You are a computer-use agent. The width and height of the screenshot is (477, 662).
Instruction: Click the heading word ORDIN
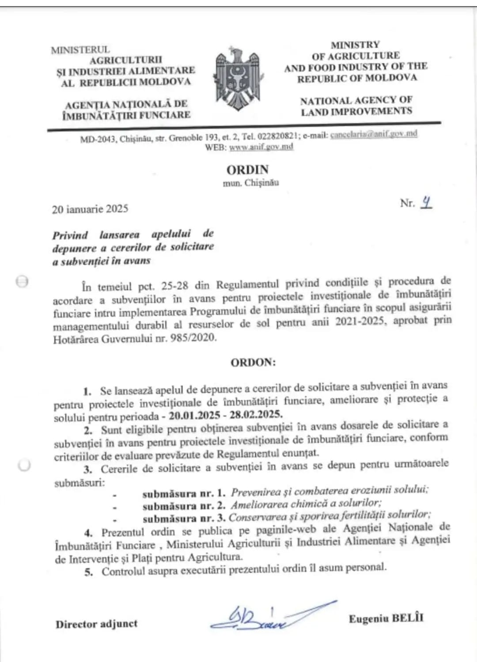[x=247, y=170]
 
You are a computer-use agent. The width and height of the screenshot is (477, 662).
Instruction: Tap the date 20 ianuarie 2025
[x=90, y=209]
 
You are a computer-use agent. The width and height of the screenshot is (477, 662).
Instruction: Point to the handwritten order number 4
[x=426, y=202]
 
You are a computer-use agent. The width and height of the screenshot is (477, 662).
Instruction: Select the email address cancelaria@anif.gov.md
[x=374, y=134]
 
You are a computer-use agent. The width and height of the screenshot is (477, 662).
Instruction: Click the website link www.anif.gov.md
[x=261, y=147]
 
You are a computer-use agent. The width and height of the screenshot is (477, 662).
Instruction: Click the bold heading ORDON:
[x=253, y=362]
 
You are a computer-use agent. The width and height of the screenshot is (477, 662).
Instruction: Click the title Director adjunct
[x=96, y=624]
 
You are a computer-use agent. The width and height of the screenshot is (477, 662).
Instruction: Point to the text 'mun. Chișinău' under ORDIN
[x=250, y=183]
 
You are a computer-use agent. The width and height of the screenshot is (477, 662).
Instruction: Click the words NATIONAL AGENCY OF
[x=356, y=101]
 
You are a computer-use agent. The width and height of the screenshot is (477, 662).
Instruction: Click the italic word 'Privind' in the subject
[x=70, y=235]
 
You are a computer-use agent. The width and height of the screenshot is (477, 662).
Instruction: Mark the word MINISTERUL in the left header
[x=80, y=50]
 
